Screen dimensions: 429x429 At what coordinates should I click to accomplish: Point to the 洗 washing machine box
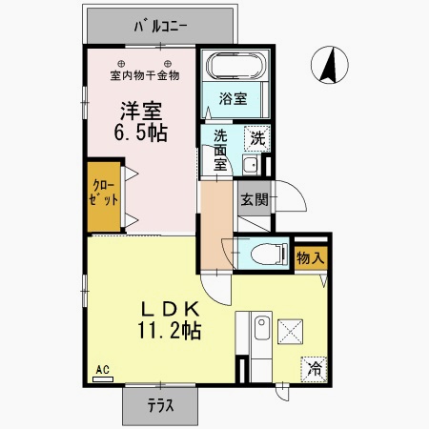[256, 137]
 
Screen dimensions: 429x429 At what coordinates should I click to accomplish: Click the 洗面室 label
[220, 151]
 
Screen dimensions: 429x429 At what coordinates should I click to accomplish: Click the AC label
[102, 370]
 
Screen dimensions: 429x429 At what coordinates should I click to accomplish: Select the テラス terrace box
[159, 405]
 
